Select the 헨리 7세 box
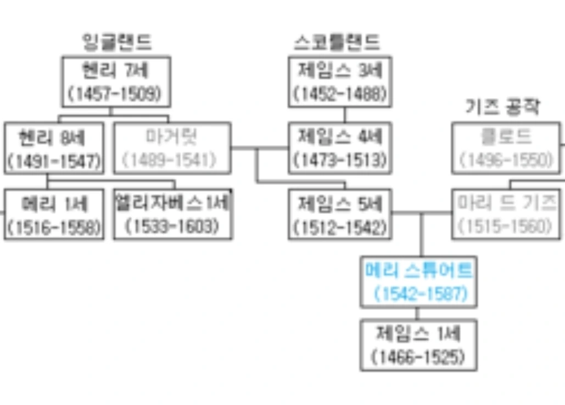tap(115, 81)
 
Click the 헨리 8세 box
tap(53, 148)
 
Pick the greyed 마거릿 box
tap(171, 148)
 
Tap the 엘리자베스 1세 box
tap(172, 214)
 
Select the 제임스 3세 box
tap(340, 81)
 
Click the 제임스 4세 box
tap(340, 148)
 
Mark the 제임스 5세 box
tap(340, 214)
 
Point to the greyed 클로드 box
tap(506, 148)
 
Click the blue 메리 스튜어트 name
tap(418, 271)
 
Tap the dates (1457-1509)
tap(115, 94)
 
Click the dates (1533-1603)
tap(172, 226)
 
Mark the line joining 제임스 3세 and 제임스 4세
tap(345, 114)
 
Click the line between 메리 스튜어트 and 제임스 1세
tap(418, 314)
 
